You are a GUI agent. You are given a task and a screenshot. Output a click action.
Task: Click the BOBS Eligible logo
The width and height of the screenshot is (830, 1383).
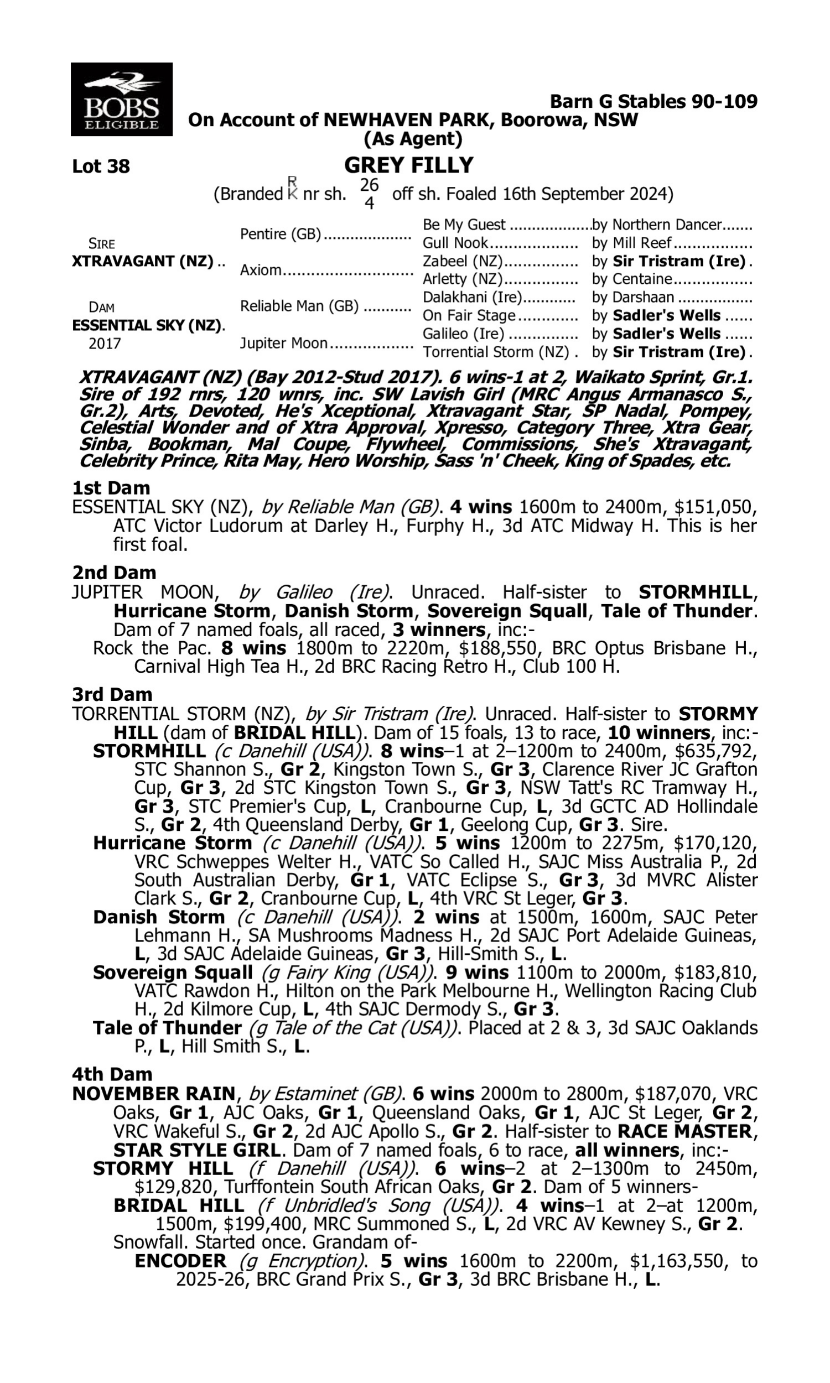click(x=121, y=100)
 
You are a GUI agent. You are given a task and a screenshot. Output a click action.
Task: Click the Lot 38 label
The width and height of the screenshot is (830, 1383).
click(x=101, y=167)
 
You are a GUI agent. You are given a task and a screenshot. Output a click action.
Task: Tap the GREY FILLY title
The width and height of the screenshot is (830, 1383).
click(x=409, y=165)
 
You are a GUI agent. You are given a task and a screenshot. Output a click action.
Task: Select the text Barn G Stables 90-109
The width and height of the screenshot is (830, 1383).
click(x=653, y=101)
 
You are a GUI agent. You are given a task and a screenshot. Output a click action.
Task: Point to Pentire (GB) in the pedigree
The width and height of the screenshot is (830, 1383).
click(x=281, y=233)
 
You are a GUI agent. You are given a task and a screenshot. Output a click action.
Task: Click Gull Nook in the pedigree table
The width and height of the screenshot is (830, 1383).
click(x=455, y=243)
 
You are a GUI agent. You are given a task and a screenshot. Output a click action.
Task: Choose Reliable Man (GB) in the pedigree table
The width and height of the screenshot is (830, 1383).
click(x=299, y=306)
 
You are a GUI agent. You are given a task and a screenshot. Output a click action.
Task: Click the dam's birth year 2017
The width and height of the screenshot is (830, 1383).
click(x=105, y=343)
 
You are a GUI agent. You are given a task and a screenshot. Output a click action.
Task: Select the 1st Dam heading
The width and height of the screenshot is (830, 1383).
click(x=111, y=488)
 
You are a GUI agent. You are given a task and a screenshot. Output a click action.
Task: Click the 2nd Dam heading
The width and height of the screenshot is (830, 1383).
click(x=113, y=573)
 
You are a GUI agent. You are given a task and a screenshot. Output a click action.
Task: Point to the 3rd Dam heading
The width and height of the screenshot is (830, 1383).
click(x=112, y=694)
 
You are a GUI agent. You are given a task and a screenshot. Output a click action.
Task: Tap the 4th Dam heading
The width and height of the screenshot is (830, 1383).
click(x=112, y=1074)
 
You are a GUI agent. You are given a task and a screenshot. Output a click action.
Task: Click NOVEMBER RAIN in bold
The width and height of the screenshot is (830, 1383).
click(x=154, y=1094)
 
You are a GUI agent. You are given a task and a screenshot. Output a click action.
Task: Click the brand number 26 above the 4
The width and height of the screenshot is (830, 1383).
click(x=369, y=185)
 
